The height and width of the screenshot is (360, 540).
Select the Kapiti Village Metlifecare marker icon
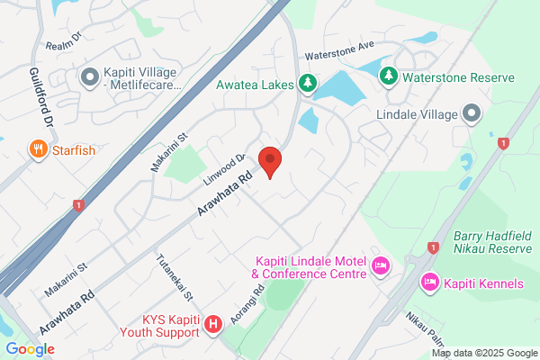click(89, 77)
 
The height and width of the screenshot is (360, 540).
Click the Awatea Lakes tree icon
click(308, 83)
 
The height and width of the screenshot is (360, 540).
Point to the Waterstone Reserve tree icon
click(388, 77)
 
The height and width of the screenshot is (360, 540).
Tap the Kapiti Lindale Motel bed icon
click(380, 266)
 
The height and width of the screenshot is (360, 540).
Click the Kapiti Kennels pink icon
click(429, 283)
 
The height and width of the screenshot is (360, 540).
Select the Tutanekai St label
click(175, 274)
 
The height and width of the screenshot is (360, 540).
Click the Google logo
click(30, 349)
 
